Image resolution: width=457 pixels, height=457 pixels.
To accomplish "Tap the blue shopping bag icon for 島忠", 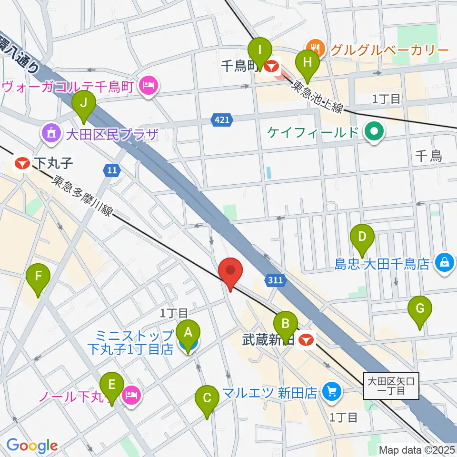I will click(x=444, y=262).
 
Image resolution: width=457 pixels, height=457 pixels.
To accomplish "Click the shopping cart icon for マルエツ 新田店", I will click(x=330, y=392).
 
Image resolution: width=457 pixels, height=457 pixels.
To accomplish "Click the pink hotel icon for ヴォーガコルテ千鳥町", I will click(x=149, y=87).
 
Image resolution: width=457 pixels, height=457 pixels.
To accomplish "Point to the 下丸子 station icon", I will click(x=21, y=164).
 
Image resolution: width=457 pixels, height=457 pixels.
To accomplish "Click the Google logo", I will click(x=32, y=446).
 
